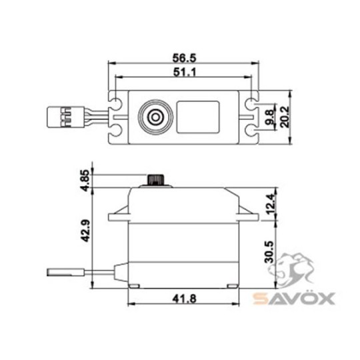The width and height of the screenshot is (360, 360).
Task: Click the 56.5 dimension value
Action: tap(183, 57)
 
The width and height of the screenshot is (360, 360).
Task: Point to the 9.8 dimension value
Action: tap(269, 115)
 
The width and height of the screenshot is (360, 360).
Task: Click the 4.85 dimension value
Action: tap(83, 181)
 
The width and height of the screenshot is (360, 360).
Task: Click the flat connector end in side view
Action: tap(62, 272)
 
